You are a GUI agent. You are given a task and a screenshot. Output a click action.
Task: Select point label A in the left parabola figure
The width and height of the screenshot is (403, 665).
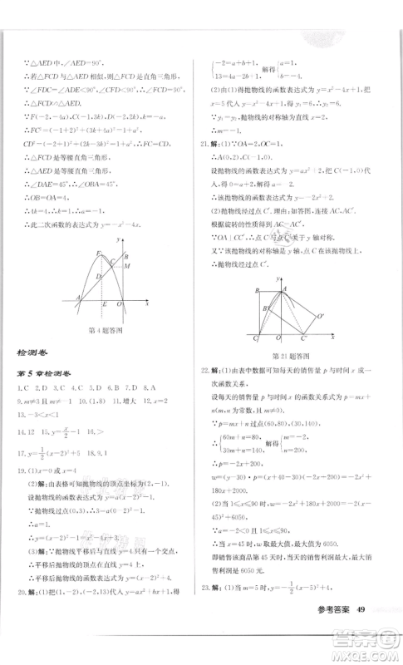[77, 297]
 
